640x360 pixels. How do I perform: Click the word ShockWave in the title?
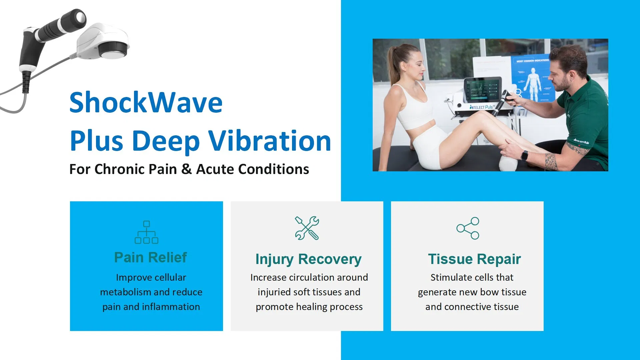146,103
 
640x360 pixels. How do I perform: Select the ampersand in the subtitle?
186,169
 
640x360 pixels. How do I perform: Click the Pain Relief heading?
150,257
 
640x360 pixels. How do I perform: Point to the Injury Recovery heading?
308,259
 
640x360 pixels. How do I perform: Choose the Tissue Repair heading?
474,259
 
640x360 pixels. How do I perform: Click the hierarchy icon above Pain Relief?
146,232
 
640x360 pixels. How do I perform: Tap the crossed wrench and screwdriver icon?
307,228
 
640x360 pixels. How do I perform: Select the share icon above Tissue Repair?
468,228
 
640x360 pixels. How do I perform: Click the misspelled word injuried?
274,292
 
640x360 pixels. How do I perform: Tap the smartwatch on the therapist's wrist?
524,155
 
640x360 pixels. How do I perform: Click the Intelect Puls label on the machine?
482,107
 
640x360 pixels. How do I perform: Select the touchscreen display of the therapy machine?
482,89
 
